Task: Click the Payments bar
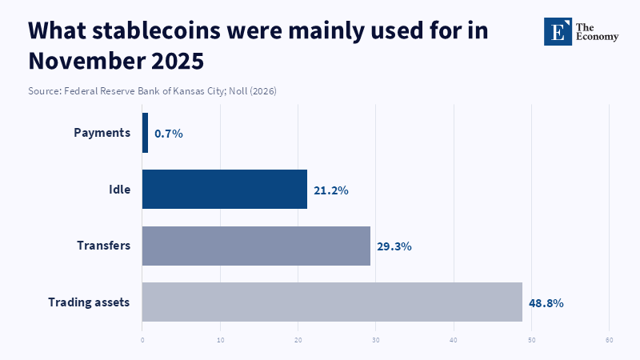point(145,133)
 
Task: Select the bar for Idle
point(225,190)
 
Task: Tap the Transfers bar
point(256,246)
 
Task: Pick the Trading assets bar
point(332,302)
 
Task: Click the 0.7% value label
point(169,134)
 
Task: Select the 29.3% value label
point(395,246)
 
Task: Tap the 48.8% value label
point(546,303)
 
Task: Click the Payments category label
point(102,133)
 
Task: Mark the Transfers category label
point(103,246)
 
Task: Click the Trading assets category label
point(89,302)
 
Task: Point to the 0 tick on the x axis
point(142,341)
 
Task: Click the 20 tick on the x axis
point(298,341)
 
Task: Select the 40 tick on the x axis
point(454,341)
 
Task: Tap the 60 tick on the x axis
point(610,341)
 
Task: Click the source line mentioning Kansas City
point(152,91)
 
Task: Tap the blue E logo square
point(558,31)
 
